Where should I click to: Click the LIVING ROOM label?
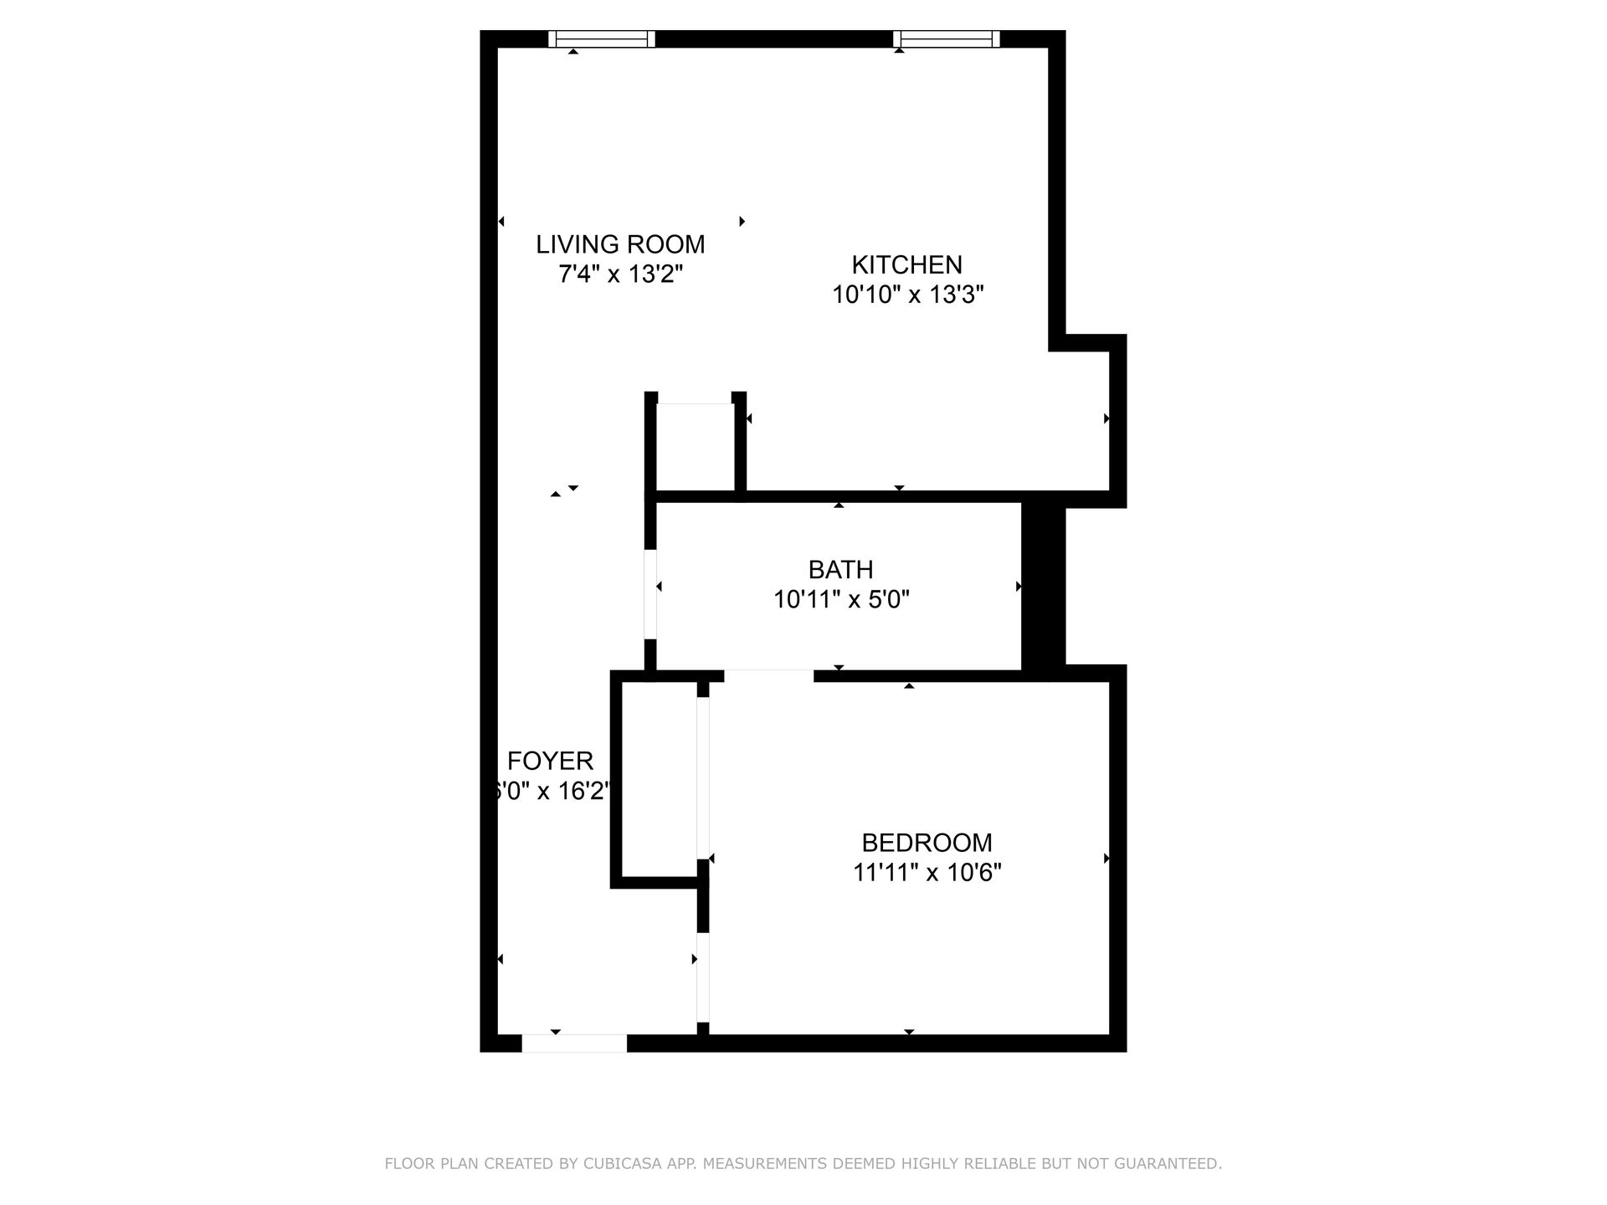coord(620,244)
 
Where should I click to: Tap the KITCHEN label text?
coord(906,264)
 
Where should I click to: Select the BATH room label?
coord(840,570)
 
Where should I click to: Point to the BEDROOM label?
coord(927,842)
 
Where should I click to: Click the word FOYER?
coord(550,761)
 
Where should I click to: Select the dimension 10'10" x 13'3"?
coord(907,295)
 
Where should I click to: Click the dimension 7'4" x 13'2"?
coord(620,274)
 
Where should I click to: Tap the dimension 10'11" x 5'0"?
coord(840,600)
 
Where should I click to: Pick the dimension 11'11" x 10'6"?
coord(927,873)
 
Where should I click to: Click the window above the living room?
coord(602,38)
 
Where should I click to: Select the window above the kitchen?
coord(947,38)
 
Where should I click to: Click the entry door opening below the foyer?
coord(574,1043)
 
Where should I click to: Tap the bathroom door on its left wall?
coord(649,594)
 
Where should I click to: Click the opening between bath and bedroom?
coord(768,675)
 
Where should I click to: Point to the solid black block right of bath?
coord(1043,586)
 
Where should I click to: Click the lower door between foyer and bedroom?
coord(703,977)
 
